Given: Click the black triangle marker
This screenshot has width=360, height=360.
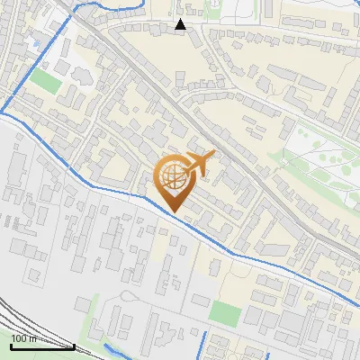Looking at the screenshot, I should (x=181, y=24).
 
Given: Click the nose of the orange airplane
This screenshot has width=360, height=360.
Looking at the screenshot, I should (x=213, y=155).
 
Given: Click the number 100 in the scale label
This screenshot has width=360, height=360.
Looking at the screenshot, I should (x=19, y=338).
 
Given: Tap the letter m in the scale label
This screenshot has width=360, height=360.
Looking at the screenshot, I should (x=32, y=338).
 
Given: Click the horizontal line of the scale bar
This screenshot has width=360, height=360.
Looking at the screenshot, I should (x=42, y=346).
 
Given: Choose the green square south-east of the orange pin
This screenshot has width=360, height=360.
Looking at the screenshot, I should (x=225, y=313).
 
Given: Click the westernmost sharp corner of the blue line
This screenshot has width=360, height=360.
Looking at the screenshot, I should (x=3, y=114).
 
